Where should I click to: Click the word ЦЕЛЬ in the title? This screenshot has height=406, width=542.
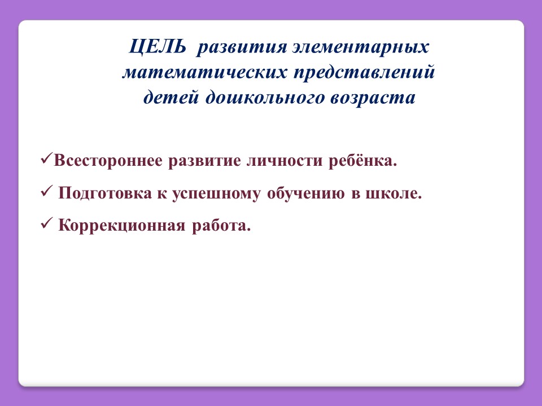click(158, 47)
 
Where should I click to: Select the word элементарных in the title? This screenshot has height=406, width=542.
click(361, 48)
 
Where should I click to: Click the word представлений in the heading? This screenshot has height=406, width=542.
click(364, 73)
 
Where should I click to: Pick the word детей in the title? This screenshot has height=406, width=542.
click(172, 98)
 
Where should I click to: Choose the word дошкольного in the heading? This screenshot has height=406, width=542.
click(265, 98)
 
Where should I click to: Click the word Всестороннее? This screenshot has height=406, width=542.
click(108, 161)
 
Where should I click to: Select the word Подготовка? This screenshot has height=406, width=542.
click(105, 193)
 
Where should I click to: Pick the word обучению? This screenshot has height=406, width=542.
click(306, 193)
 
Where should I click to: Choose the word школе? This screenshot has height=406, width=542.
click(391, 193)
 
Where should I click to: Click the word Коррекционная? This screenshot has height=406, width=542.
click(122, 226)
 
